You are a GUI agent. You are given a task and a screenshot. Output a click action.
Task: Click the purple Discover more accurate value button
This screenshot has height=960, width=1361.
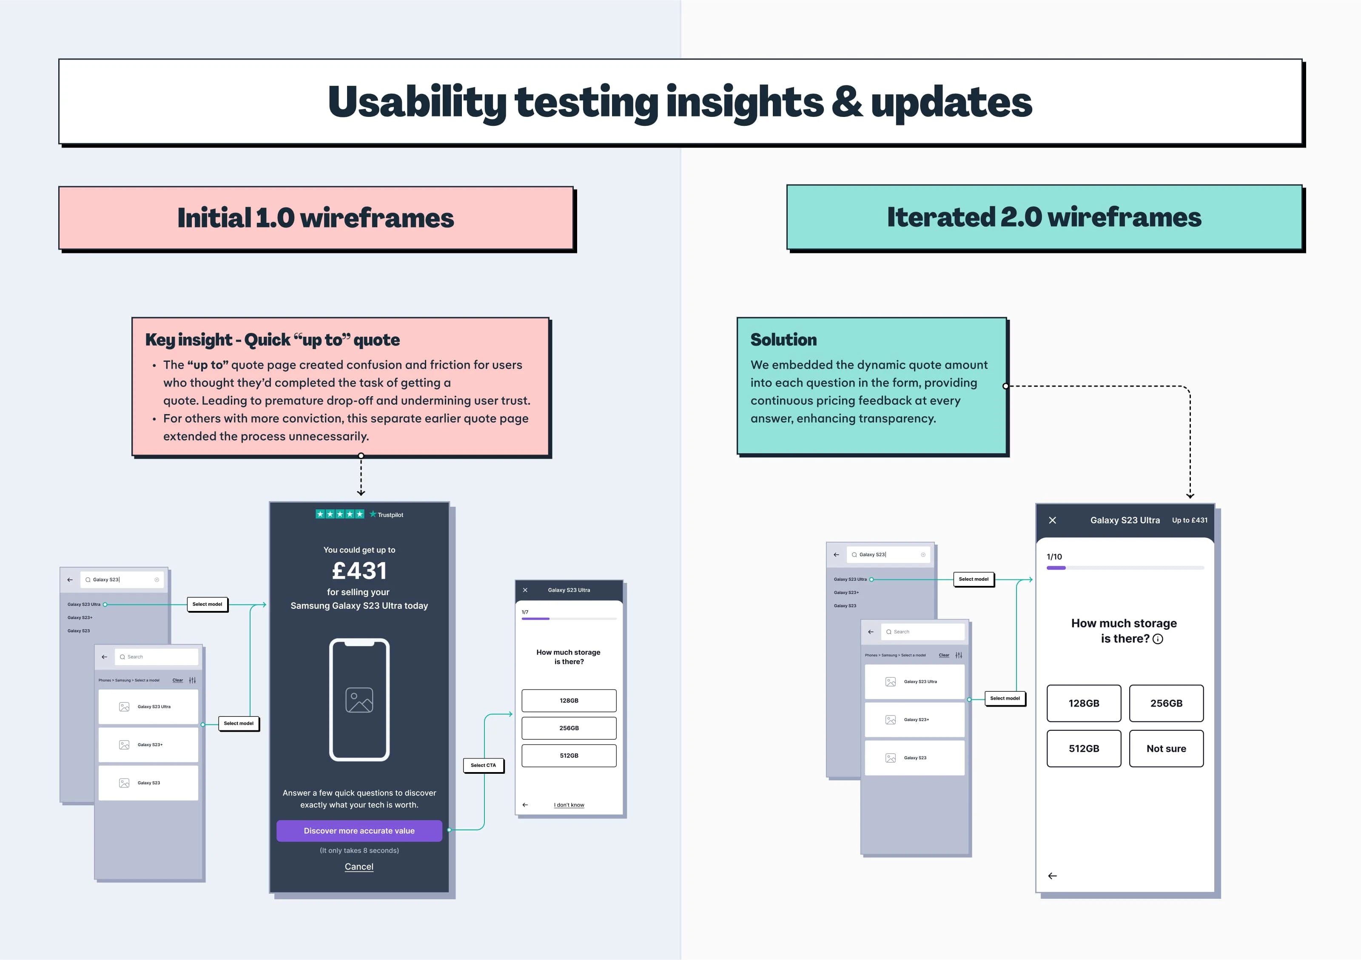(x=359, y=831)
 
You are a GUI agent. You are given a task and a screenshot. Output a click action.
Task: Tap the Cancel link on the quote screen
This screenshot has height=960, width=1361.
(x=359, y=866)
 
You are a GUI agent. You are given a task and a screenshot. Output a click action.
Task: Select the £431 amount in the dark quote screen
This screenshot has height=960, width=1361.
(x=359, y=571)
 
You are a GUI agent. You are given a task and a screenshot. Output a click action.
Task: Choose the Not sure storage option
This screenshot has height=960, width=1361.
(x=1166, y=748)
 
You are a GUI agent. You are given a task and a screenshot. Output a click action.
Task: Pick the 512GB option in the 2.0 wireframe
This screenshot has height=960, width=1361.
(x=1084, y=748)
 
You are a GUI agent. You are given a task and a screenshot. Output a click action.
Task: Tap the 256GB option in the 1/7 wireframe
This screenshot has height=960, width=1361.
(x=569, y=728)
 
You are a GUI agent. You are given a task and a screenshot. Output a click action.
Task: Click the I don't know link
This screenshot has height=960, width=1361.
(x=569, y=805)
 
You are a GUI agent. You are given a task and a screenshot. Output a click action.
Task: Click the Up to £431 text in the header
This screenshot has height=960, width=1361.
(x=1190, y=520)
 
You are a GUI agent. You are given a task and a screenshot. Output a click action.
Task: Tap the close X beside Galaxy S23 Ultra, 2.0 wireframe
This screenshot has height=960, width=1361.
(x=1053, y=520)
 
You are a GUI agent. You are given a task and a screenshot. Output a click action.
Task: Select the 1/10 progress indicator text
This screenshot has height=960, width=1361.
(x=1054, y=557)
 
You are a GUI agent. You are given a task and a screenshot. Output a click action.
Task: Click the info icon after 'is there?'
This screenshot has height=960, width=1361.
(x=1158, y=639)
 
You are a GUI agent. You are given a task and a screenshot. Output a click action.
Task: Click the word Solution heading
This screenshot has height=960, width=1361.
(x=784, y=340)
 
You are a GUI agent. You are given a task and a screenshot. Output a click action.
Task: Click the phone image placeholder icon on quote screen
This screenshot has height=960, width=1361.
(x=359, y=700)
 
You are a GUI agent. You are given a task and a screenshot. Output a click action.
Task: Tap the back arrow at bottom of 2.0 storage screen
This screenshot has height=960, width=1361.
(x=1053, y=876)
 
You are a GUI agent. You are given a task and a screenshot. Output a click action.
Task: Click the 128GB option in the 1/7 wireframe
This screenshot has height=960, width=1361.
(x=569, y=701)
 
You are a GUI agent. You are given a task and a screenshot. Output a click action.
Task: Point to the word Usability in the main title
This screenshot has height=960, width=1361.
(x=417, y=102)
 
